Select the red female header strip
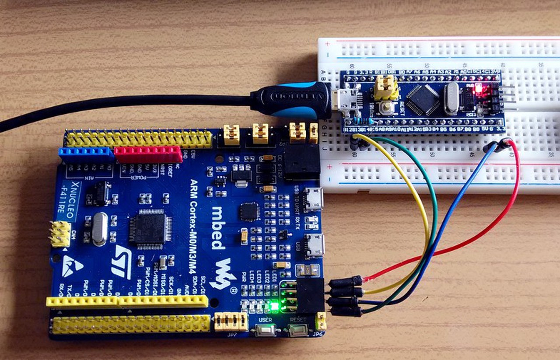[148, 154]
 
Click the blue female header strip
[86, 153]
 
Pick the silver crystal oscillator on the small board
[451, 98]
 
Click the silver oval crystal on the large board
[100, 228]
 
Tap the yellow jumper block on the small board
[385, 87]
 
